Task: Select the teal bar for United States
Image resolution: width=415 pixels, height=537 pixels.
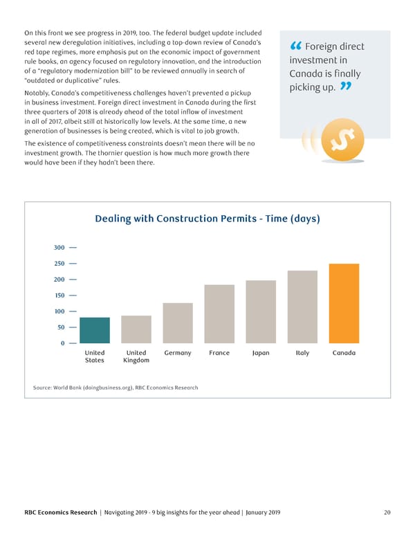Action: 95,330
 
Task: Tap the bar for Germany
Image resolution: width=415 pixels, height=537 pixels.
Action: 178,323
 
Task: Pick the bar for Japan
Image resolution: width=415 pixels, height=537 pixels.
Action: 261,311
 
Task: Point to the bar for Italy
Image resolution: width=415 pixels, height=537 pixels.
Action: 302,307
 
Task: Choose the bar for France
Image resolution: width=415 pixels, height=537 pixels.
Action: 219,314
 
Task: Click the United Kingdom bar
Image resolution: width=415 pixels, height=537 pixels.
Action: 136,329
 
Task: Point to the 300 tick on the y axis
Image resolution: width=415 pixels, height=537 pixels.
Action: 59,248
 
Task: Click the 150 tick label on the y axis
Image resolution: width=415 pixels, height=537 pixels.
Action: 59,295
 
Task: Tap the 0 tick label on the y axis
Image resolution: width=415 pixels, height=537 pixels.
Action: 62,343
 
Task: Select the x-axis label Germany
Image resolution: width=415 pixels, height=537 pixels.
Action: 178,353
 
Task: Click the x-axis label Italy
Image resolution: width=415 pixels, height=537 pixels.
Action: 302,353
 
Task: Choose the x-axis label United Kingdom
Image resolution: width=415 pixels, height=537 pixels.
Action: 136,356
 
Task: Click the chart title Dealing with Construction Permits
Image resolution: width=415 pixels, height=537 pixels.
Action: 207,219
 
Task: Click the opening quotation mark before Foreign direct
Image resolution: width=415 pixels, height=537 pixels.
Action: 295,47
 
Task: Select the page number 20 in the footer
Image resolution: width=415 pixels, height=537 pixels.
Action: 387,513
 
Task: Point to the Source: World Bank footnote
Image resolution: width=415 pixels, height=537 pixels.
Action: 116,387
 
